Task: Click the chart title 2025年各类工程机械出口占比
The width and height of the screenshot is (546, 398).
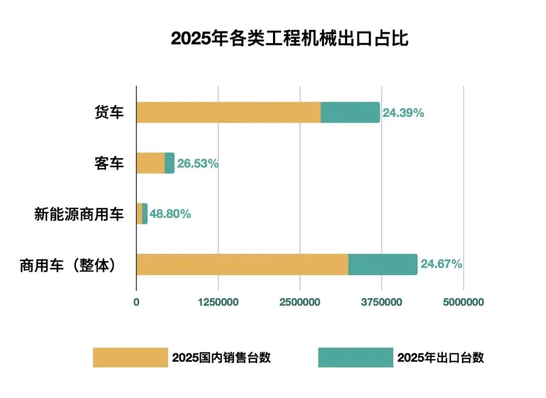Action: pyautogui.click(x=289, y=38)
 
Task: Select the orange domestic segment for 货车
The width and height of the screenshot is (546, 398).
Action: pyautogui.click(x=229, y=112)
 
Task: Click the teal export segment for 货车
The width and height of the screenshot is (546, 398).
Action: pyautogui.click(x=350, y=112)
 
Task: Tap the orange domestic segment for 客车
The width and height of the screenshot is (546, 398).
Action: pyautogui.click(x=151, y=163)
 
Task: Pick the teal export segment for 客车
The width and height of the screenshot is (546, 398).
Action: pyautogui.click(x=169, y=163)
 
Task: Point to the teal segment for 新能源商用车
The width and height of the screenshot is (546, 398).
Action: pyautogui.click(x=145, y=214)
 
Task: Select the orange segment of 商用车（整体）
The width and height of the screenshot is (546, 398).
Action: pyautogui.click(x=242, y=264)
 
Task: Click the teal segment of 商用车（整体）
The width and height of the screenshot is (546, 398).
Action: pyautogui.click(x=383, y=264)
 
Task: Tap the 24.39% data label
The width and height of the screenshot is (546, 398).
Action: pyautogui.click(x=403, y=113)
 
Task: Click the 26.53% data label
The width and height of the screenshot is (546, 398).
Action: pyautogui.click(x=198, y=163)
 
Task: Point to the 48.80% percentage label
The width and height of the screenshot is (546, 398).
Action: pyautogui.click(x=170, y=214)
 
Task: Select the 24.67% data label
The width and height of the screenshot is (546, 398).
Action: pyautogui.click(x=441, y=264)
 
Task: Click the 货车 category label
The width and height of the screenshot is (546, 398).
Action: pyautogui.click(x=109, y=112)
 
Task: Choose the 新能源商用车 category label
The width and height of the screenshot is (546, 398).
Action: pyautogui.click(x=79, y=214)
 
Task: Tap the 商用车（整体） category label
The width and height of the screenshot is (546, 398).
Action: pyautogui.click(x=68, y=266)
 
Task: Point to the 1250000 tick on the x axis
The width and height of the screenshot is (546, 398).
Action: pyautogui.click(x=218, y=302)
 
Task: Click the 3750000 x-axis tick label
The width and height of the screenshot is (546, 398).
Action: pyautogui.click(x=382, y=302)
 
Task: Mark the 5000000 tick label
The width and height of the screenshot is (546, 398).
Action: pyautogui.click(x=464, y=302)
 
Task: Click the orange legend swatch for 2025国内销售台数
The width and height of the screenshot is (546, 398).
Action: pyautogui.click(x=130, y=357)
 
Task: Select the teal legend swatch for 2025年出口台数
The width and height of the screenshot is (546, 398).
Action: pyautogui.click(x=355, y=357)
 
